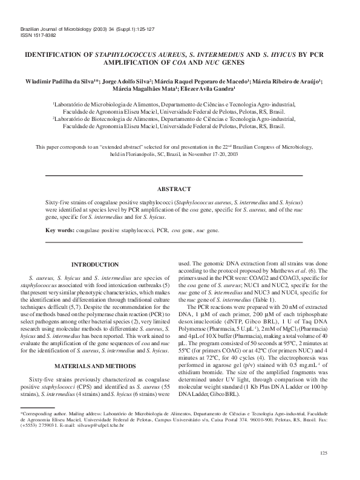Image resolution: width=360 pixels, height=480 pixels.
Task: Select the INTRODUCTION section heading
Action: pos(95,265)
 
